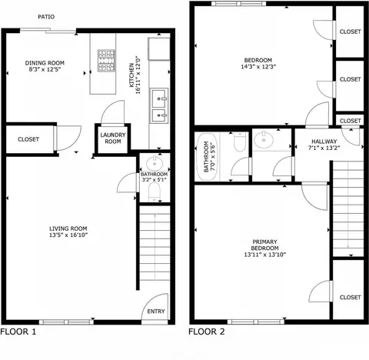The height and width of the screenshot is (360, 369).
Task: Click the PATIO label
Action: (x=46, y=17)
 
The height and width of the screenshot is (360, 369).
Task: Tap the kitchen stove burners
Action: (x=106, y=61)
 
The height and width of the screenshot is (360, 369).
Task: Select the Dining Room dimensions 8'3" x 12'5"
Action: (x=45, y=69)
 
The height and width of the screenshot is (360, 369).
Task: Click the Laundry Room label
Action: (x=113, y=138)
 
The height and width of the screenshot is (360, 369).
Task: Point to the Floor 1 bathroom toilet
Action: (x=155, y=192)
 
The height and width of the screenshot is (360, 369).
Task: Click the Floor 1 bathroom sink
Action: (x=155, y=163)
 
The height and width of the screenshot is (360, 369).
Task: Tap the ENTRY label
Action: (x=156, y=312)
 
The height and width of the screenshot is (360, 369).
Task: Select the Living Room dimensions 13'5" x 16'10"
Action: (x=68, y=235)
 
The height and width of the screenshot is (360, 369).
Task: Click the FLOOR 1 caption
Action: (x=18, y=332)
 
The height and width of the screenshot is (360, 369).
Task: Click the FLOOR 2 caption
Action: (x=207, y=332)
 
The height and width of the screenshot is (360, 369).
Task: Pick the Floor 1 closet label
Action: (x=28, y=139)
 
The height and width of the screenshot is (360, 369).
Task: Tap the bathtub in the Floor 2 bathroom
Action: (x=207, y=157)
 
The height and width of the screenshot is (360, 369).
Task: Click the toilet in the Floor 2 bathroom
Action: (x=240, y=142)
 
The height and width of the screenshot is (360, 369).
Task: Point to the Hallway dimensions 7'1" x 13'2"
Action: (x=324, y=148)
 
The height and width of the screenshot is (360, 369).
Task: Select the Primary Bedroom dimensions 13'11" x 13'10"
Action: (x=265, y=255)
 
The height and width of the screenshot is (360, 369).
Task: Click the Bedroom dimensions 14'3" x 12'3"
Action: (x=258, y=67)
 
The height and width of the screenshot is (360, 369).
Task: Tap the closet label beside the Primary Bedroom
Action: (x=350, y=297)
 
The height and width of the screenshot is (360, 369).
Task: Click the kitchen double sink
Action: (x=159, y=105)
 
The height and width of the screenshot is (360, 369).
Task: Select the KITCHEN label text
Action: (x=131, y=75)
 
